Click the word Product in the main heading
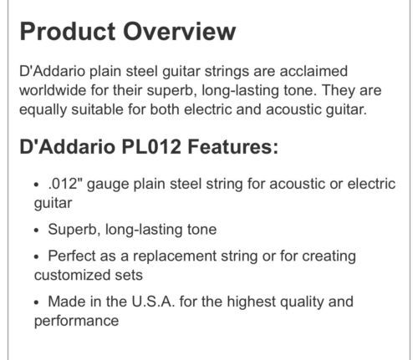pyautogui.click(x=68, y=31)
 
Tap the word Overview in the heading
pyautogui.click(x=180, y=31)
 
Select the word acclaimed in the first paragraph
pyautogui.click(x=313, y=71)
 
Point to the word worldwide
pyautogui.click(x=53, y=90)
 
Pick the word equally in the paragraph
pyautogui.click(x=43, y=109)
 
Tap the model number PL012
pyautogui.click(x=151, y=146)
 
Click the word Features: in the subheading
pyautogui.click(x=233, y=146)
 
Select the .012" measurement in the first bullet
pyautogui.click(x=63, y=184)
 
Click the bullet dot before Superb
pyautogui.click(x=36, y=231)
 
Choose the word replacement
pyautogui.click(x=175, y=256)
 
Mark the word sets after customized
pyautogui.click(x=125, y=276)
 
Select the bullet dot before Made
pyautogui.click(x=36, y=303)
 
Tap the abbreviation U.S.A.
pyautogui.click(x=153, y=302)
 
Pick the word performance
pyautogui.click(x=76, y=321)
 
